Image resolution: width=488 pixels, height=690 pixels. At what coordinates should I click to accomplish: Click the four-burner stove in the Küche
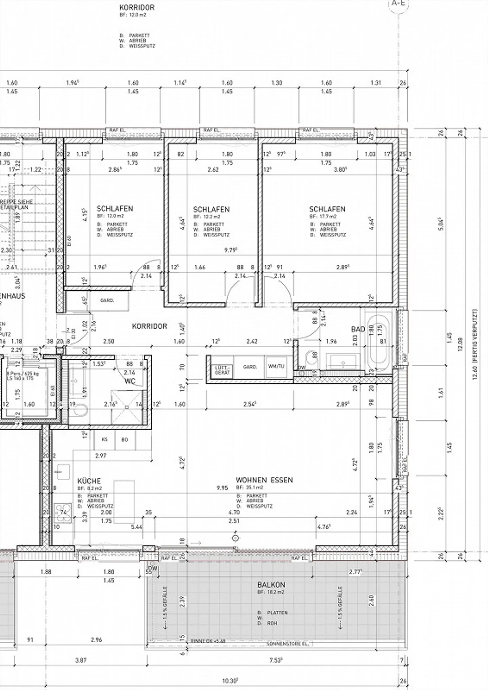(63, 512)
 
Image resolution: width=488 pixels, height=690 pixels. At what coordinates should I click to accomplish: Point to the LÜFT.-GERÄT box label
(222, 370)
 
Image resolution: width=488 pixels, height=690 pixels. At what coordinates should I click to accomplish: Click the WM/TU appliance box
(276, 366)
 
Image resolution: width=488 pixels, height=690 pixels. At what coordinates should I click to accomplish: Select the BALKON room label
(271, 585)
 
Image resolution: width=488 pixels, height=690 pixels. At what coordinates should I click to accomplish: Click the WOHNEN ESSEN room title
(264, 480)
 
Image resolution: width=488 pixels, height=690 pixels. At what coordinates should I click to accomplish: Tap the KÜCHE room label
(89, 481)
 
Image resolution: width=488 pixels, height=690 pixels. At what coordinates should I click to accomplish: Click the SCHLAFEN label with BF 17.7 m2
(327, 209)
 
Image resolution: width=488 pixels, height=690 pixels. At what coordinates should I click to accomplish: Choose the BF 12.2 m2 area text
(207, 216)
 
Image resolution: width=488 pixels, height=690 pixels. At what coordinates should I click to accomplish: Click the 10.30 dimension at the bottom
(230, 680)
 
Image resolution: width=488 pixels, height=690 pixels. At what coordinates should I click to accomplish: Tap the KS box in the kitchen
(104, 439)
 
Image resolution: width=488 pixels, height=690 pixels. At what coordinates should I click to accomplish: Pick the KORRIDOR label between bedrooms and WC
(149, 326)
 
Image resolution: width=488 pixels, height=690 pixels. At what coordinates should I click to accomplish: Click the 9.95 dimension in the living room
(222, 488)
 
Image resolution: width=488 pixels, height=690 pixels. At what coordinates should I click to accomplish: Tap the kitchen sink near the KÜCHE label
(63, 472)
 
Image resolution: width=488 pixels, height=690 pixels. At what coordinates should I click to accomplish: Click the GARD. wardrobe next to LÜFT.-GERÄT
(250, 367)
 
